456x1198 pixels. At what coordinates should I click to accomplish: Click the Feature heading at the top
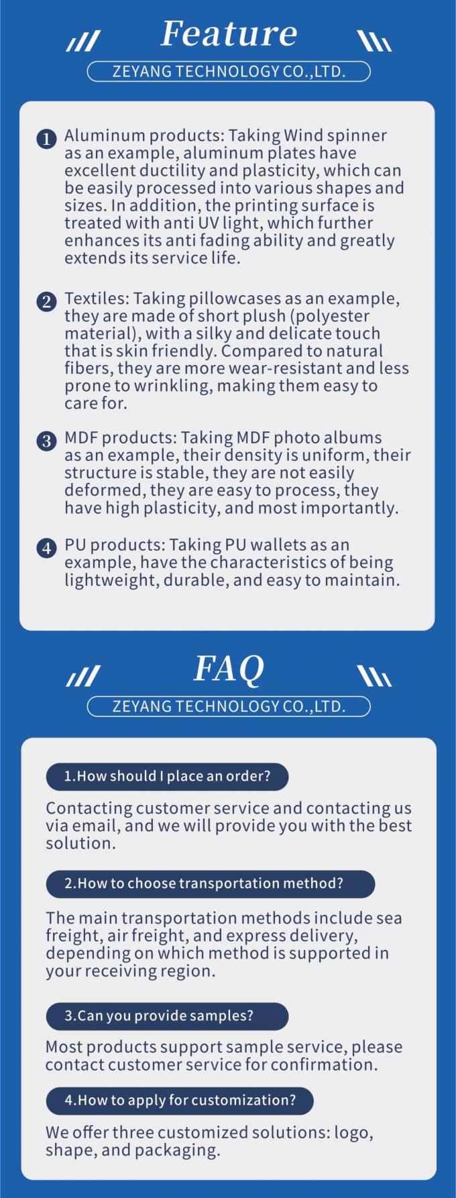[x=229, y=34]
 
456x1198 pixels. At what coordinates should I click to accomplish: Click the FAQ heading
[x=229, y=669]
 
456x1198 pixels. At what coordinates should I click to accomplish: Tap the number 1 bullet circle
[x=46, y=139]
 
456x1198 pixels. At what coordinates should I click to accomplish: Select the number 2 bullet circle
[x=46, y=301]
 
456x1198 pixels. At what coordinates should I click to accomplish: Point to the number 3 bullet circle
[x=46, y=441]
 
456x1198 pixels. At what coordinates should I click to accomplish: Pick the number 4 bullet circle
[x=46, y=548]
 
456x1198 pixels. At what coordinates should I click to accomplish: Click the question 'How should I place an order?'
[x=167, y=777]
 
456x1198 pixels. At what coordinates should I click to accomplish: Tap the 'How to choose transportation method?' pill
[x=210, y=883]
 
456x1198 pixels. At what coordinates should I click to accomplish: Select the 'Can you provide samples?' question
[x=167, y=1016]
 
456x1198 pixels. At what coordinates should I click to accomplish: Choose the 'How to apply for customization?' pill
[x=180, y=1100]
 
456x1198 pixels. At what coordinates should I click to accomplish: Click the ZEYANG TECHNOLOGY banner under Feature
[x=229, y=71]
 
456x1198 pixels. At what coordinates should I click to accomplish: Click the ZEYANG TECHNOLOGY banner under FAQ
[x=229, y=706]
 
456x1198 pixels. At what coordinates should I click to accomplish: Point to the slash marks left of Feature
[x=83, y=42]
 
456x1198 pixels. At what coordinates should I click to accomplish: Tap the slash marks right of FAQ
[x=374, y=676]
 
